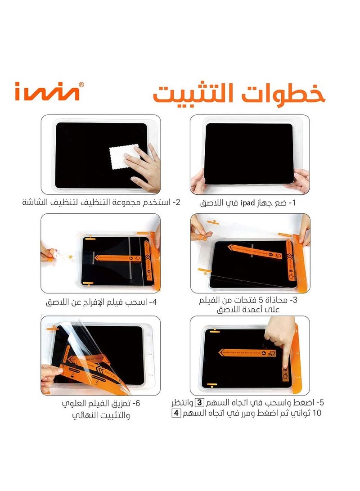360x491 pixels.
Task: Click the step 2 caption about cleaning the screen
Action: (101, 202)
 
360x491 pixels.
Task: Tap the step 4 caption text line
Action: (101, 301)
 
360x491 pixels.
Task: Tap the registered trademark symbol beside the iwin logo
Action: (81, 84)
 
